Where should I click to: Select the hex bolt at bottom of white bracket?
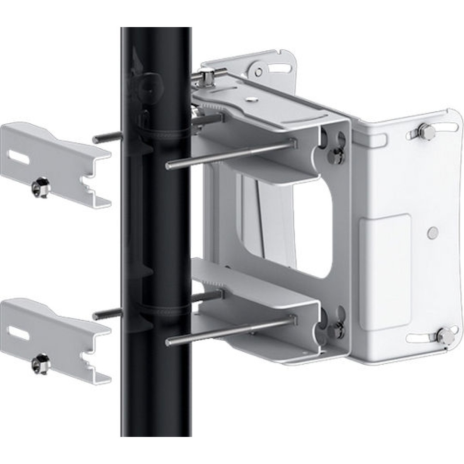(442, 336)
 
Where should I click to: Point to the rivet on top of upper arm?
(252, 99)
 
